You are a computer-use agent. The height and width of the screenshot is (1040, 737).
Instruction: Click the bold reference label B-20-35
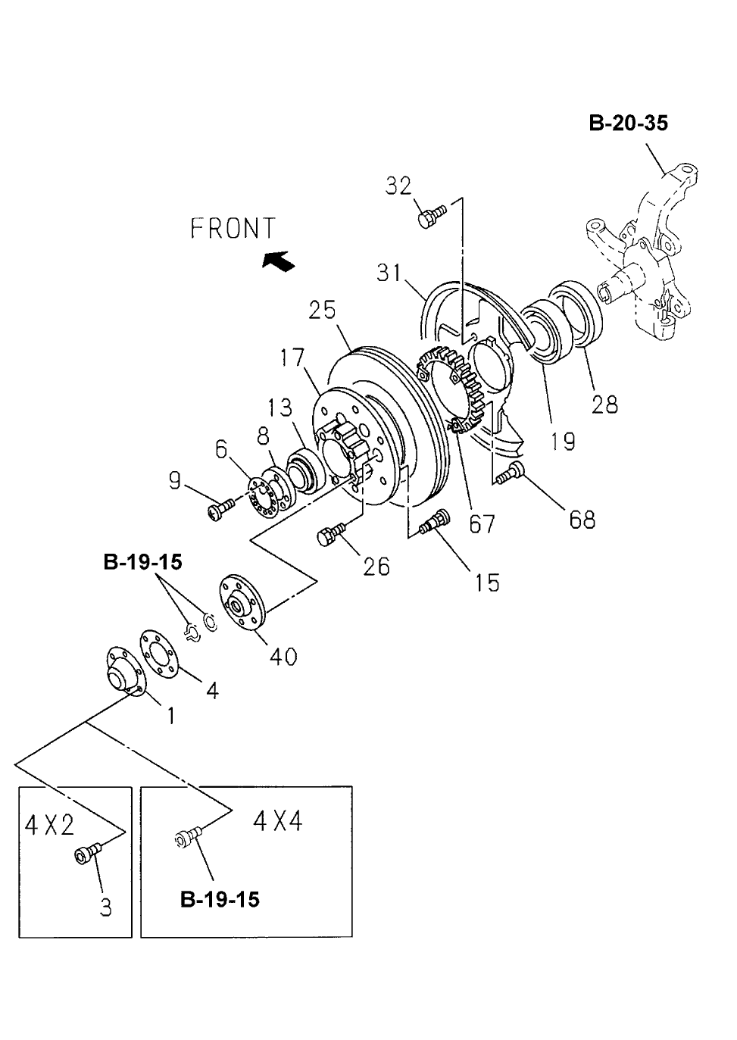coord(628,123)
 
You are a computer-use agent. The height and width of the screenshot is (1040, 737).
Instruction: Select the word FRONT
coord(233,228)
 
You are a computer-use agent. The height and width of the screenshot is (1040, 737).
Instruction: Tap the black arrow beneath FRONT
coord(277,261)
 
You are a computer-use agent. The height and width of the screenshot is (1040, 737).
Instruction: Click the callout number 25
coord(323,311)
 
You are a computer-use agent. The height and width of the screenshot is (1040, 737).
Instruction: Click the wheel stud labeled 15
coord(436,522)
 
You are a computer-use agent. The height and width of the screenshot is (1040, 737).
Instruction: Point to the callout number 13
coord(279,408)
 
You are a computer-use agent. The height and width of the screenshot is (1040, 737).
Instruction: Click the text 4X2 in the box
coord(50,825)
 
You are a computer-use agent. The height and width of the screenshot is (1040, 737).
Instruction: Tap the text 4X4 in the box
coord(278,820)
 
